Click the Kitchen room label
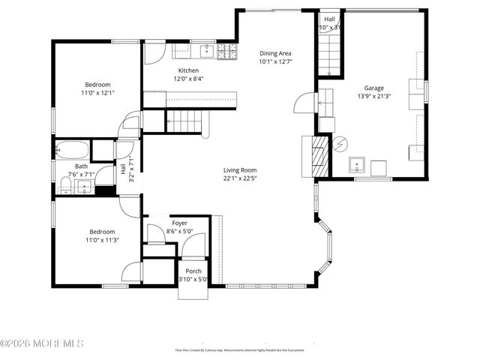188,70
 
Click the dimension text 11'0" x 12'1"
97,93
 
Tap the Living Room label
240,170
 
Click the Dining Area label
275,53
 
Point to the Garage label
373,88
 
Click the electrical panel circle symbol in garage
340,142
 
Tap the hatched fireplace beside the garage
320,157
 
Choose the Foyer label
180,223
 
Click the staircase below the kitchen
184,118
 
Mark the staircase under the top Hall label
329,52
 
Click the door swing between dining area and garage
302,103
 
